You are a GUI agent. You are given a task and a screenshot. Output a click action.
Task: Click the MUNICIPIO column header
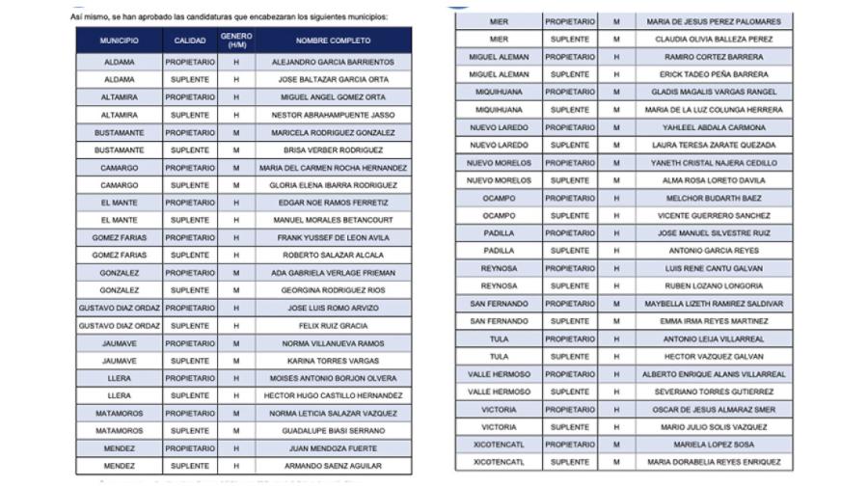[119, 41]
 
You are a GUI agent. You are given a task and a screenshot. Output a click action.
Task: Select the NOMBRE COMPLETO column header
[333, 41]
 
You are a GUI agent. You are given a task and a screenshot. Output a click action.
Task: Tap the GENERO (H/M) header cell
[236, 41]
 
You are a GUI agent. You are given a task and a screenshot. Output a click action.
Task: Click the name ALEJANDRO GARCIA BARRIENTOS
[333, 62]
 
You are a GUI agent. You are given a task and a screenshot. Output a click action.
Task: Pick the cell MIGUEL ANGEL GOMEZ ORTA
[333, 97]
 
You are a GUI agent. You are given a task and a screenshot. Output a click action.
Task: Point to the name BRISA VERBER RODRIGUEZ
[333, 150]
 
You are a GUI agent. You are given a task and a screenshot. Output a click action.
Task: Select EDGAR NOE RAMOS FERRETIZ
[333, 203]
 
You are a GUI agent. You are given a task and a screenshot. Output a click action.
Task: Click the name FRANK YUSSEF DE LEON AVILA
[333, 238]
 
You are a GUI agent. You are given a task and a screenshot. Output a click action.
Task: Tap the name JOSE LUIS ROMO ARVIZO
[333, 309]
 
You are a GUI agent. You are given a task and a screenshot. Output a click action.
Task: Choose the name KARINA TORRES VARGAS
[333, 361]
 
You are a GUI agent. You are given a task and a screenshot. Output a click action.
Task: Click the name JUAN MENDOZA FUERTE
[333, 448]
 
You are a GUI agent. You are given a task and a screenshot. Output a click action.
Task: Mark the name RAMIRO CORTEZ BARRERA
[715, 57]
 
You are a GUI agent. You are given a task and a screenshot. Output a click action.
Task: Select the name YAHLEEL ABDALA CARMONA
[715, 127]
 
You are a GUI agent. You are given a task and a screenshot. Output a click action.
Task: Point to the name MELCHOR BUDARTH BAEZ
[715, 198]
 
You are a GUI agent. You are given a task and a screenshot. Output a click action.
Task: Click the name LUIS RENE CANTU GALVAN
[715, 268]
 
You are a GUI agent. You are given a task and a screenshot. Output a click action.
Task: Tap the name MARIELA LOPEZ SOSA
[715, 445]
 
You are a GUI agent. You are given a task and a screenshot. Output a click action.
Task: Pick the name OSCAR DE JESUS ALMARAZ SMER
[715, 409]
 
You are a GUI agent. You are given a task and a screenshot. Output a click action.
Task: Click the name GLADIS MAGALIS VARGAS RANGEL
[715, 92]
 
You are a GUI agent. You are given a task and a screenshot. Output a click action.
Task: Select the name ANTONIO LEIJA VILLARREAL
[715, 339]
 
